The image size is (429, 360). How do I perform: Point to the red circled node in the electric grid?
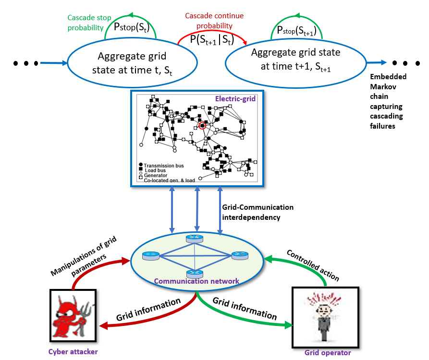[x=202, y=125]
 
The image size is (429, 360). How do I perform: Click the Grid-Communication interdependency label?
[x=257, y=211]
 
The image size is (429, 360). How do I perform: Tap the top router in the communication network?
[x=194, y=239]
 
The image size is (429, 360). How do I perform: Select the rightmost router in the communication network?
[x=239, y=256]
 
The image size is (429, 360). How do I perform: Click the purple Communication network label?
[x=196, y=281]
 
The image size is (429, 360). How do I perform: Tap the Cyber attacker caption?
[x=73, y=352]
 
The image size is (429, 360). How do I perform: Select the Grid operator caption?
[x=328, y=353]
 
